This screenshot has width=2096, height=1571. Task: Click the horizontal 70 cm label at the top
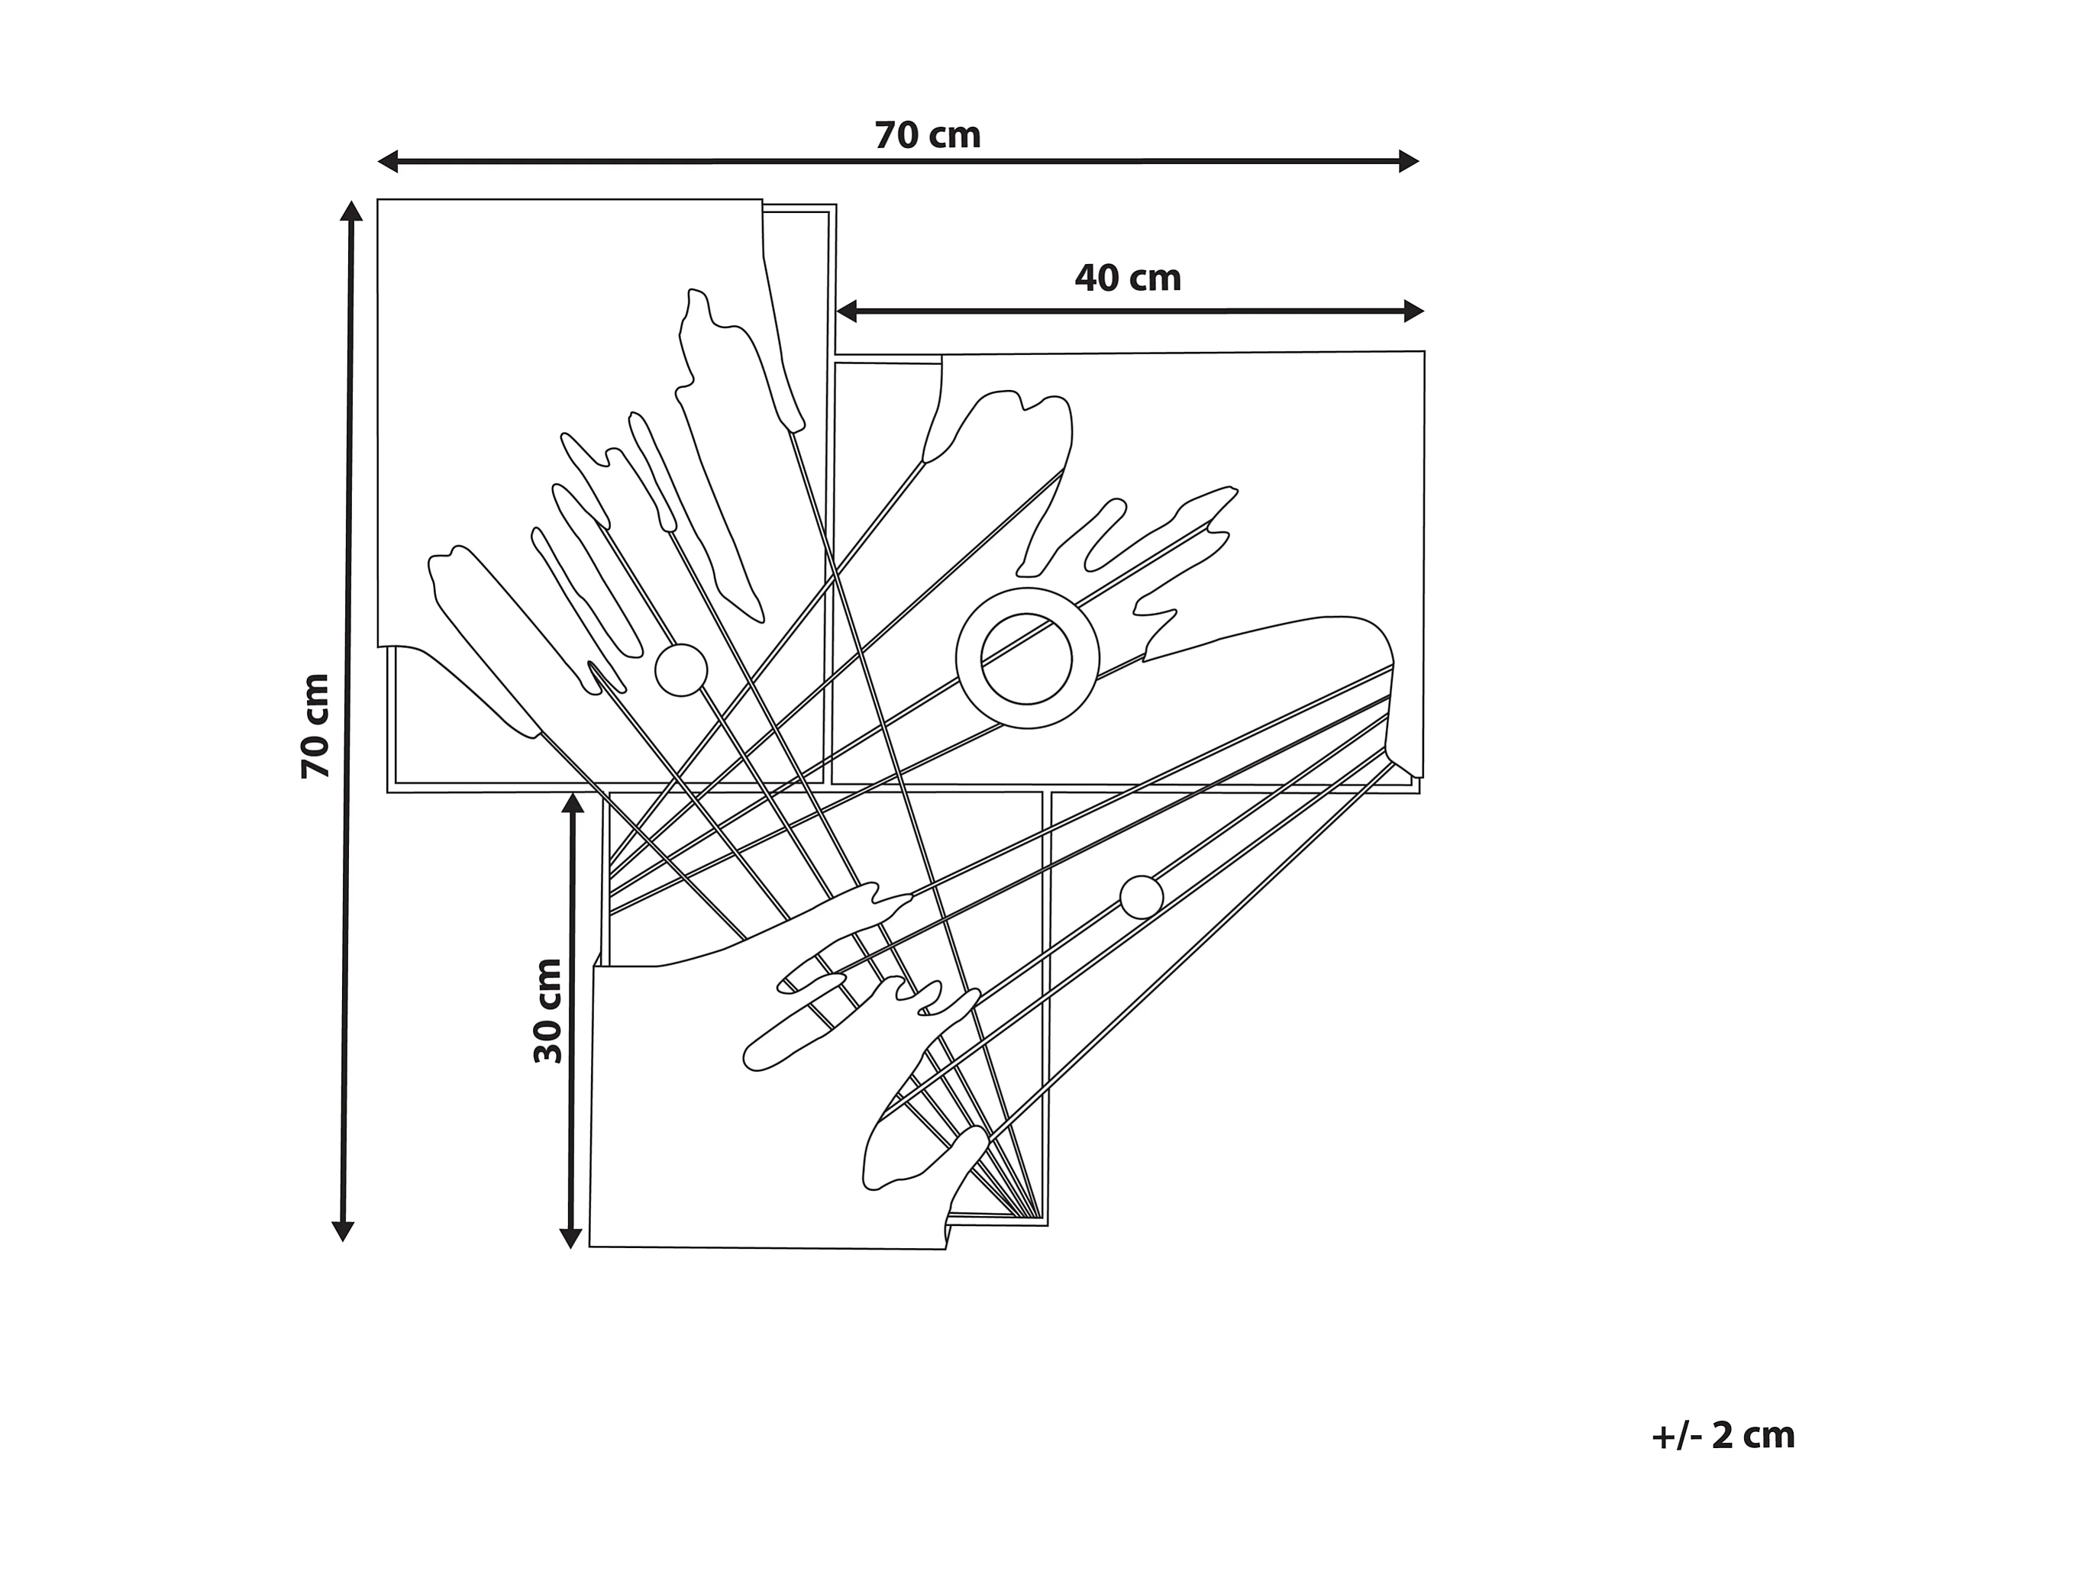click(927, 135)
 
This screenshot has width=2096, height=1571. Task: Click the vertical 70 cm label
click(315, 726)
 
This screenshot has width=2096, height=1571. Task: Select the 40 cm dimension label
click(1128, 279)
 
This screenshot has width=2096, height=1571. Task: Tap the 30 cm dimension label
click(547, 1010)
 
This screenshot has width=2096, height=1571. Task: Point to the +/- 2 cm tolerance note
click(1723, 1437)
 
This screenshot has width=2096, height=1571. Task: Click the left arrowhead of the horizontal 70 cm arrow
click(388, 162)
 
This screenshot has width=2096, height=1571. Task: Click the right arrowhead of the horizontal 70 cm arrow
click(1409, 161)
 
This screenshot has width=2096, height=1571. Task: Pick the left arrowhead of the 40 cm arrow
click(846, 311)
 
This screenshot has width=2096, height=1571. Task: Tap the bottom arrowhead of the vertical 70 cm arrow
click(343, 1231)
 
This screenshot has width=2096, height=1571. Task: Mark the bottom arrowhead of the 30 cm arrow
click(570, 1237)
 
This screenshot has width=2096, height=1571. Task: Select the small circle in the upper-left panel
click(681, 670)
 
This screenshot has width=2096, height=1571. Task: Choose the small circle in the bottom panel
click(1141, 896)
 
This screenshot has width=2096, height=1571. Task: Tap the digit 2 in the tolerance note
click(1723, 1437)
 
